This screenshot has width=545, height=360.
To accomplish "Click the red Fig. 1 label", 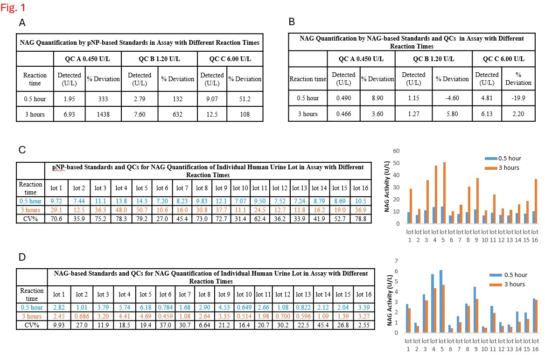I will pyautogui.click(x=14, y=8).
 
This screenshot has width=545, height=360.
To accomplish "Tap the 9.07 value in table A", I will pyautogui.click(x=212, y=98).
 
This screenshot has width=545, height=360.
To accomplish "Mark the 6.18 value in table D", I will pyautogui.click(x=146, y=307).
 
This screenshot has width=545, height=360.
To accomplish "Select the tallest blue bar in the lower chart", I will pyautogui.click(x=440, y=301).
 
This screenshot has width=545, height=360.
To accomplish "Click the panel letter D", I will pyautogui.click(x=21, y=257).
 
